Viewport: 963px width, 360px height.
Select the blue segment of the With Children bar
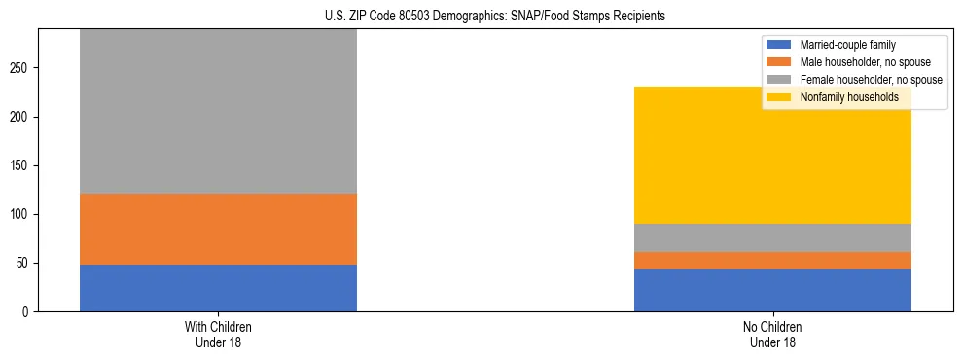tap(218, 288)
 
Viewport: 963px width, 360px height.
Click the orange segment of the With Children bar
tap(218, 229)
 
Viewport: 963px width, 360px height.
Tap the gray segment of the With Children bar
tap(218, 112)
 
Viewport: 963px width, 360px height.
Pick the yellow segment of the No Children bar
tap(772, 156)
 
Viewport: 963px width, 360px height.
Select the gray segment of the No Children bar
tap(772, 238)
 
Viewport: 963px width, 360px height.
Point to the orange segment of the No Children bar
tap(772, 261)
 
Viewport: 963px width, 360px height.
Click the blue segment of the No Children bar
tap(772, 290)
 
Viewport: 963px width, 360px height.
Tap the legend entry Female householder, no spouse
tap(869, 80)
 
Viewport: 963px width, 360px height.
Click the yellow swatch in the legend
tap(780, 97)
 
